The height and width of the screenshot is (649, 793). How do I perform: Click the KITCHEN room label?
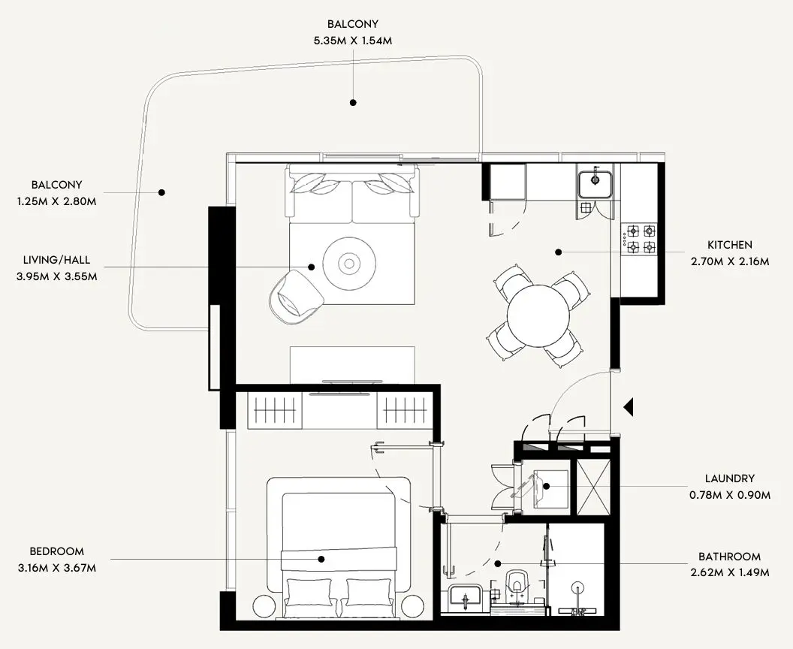[729, 245]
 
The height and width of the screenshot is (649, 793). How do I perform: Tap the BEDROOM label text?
[57, 551]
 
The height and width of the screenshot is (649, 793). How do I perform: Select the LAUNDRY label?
[729, 478]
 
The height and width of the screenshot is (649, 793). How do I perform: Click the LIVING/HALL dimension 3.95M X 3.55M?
[56, 276]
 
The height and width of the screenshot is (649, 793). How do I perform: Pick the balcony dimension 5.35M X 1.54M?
[352, 40]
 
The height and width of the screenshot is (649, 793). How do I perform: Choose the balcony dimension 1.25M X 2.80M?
[57, 201]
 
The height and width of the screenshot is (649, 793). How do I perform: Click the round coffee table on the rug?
[348, 263]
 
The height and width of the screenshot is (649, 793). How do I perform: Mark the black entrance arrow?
[629, 407]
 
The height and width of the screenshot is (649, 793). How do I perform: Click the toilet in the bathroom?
[517, 586]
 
